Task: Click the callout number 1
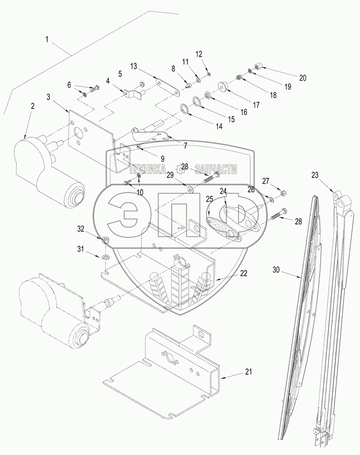pos(47,39)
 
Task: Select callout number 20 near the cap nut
pos(303,78)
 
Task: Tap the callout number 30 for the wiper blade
pos(276,270)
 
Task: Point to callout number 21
pos(249,372)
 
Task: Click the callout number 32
pos(81,229)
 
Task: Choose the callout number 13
pos(134,66)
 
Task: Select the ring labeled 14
pos(184,108)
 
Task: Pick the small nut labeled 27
pos(283,193)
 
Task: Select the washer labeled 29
pos(190,189)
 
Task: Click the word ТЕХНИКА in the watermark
pos(148,169)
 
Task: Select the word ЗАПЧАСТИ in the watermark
pos(216,169)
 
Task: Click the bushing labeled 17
pos(224,87)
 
